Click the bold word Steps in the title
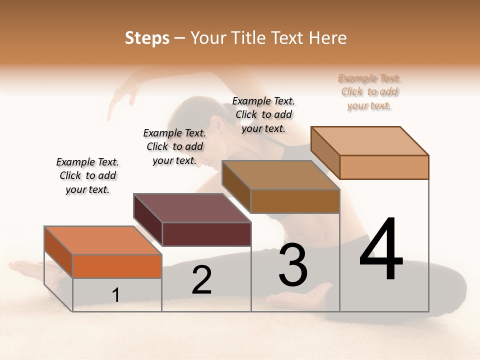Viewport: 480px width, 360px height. [147, 38]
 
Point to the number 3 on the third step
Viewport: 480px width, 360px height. [293, 265]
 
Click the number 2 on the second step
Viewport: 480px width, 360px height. [201, 280]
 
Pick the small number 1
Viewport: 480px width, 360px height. [116, 295]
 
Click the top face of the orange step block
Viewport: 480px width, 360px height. [103, 240]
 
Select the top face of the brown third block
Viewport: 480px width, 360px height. [280, 175]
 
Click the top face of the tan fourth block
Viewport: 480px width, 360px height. [370, 141]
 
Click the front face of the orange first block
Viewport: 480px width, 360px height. [117, 266]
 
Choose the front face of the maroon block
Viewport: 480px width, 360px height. [206, 234]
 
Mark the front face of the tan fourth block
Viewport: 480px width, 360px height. [384, 167]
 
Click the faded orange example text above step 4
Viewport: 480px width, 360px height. [369, 92]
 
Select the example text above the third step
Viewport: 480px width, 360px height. [263, 115]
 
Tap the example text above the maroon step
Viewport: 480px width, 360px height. [174, 146]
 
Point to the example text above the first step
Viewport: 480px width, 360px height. [87, 175]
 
